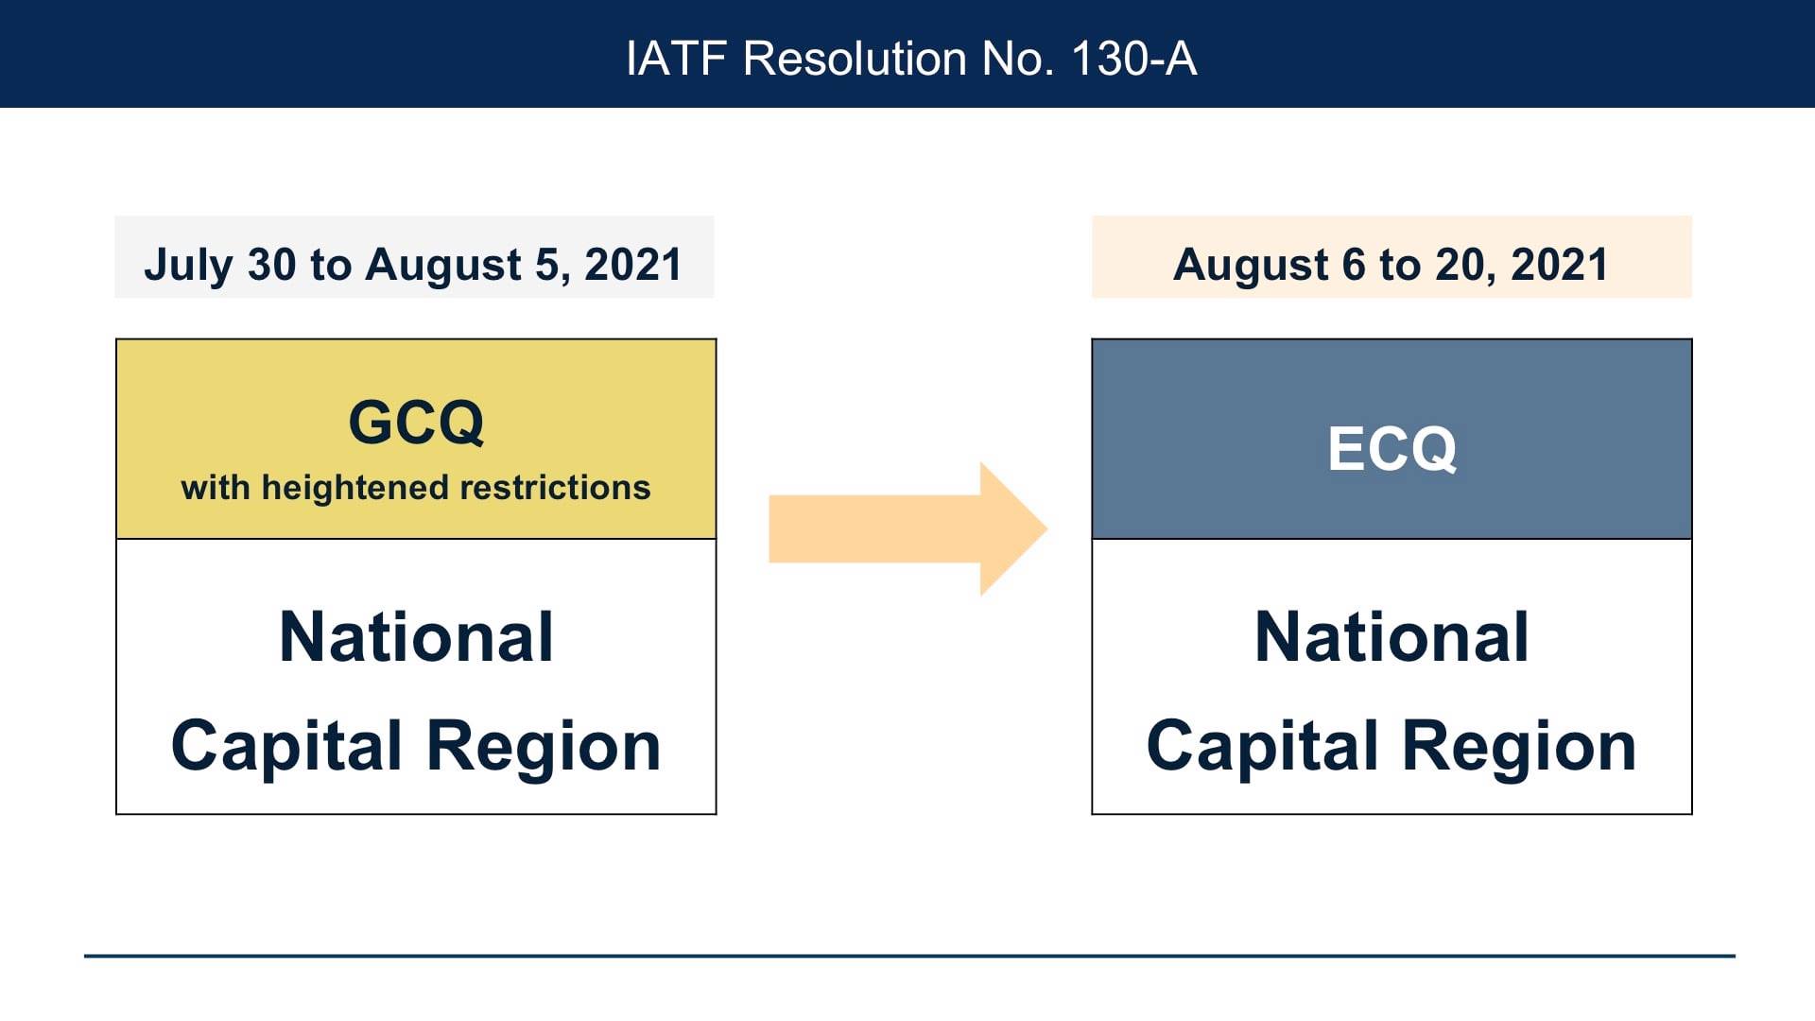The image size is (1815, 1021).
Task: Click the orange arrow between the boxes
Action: (x=907, y=529)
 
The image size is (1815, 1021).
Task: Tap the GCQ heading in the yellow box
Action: (x=416, y=422)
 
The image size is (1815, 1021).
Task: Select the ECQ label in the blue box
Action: (x=1391, y=448)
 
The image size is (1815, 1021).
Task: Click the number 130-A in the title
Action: (x=1134, y=59)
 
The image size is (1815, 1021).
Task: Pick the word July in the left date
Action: (x=188, y=266)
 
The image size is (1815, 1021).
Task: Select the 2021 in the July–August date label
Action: (x=632, y=265)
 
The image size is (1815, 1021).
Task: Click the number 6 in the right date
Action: (x=1354, y=265)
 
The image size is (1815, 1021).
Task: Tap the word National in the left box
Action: (x=416, y=636)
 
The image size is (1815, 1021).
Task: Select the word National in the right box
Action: (x=1391, y=636)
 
